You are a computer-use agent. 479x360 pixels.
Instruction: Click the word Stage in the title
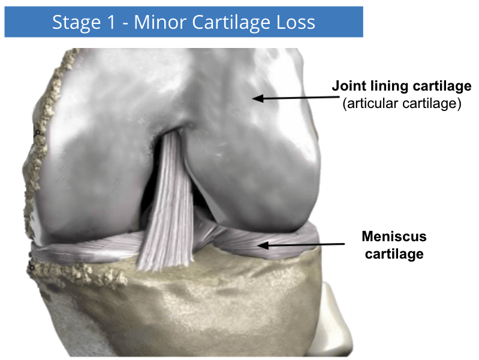pyautogui.click(x=76, y=23)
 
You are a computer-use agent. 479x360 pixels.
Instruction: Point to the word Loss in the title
pyautogui.click(x=296, y=22)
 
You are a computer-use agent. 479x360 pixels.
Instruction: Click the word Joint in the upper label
pyautogui.click(x=348, y=86)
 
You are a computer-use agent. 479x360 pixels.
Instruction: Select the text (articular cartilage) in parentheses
pyautogui.click(x=402, y=103)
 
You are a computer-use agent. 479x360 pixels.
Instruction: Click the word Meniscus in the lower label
pyautogui.click(x=394, y=236)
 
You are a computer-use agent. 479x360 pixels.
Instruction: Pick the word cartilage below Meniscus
pyautogui.click(x=394, y=254)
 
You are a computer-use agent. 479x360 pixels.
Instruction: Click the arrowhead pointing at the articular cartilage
pyautogui.click(x=258, y=98)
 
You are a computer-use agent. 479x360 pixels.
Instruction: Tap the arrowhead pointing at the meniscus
pyautogui.click(x=263, y=245)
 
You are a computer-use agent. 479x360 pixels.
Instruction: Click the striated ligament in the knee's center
pyautogui.click(x=167, y=202)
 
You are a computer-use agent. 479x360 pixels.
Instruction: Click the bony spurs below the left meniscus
pyautogui.click(x=79, y=274)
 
